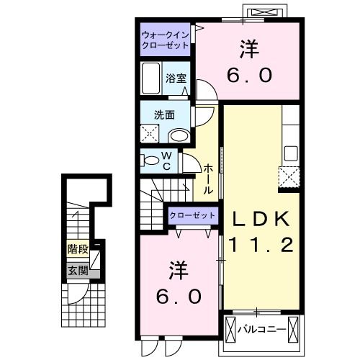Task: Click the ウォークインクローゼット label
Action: (x=165, y=40)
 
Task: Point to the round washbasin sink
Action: (x=179, y=135)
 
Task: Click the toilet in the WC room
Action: (x=150, y=160)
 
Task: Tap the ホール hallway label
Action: (x=208, y=179)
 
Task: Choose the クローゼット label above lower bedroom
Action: (x=192, y=215)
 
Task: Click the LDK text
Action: (x=259, y=218)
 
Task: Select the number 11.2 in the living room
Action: (x=260, y=246)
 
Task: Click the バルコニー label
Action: (x=262, y=330)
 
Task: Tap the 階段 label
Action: (x=78, y=250)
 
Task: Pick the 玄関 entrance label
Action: (x=78, y=271)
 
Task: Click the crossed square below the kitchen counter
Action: (x=289, y=176)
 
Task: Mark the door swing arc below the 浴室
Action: (x=202, y=92)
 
